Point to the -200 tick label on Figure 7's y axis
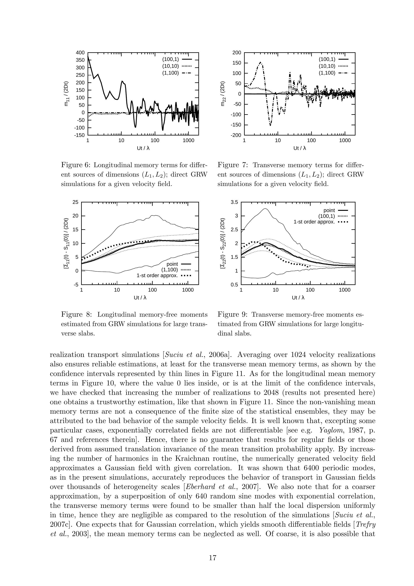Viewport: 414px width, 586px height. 236,135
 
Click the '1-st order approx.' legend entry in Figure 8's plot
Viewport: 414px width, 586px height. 157,276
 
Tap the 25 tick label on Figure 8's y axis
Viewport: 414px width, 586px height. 76,202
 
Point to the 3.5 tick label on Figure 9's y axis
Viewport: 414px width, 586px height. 234,202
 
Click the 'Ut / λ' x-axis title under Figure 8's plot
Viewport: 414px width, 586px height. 140,298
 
